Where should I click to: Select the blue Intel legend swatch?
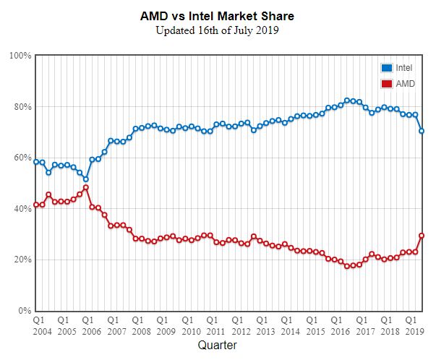386,67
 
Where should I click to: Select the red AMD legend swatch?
386,84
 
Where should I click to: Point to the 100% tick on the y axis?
20,56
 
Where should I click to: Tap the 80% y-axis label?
21,107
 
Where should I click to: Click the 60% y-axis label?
21,158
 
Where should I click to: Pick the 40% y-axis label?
21,209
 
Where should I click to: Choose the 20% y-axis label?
21,260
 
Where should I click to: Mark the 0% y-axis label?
24,311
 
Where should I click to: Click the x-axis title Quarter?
218,346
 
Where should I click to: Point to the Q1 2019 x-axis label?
411,324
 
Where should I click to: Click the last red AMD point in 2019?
422,236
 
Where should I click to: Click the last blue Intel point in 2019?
422,131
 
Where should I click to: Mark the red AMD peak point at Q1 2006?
86,188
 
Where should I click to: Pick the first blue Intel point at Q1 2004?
36,162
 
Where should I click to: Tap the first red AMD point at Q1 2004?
36,205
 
